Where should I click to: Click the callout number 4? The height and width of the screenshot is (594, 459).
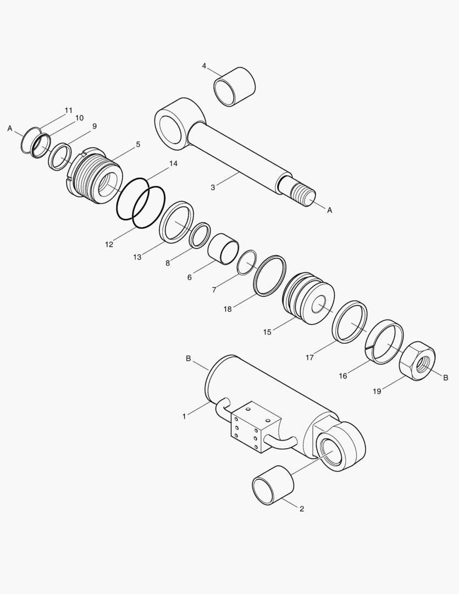click(x=204, y=66)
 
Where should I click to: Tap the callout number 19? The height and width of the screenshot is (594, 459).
click(x=377, y=392)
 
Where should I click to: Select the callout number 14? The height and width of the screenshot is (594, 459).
click(x=173, y=164)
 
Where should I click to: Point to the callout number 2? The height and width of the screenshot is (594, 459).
click(x=302, y=509)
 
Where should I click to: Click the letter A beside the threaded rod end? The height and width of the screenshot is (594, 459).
click(x=330, y=210)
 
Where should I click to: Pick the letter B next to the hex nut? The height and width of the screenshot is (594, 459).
click(x=446, y=377)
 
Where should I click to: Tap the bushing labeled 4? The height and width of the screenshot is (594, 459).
click(x=235, y=86)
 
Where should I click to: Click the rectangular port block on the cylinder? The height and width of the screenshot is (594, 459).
click(x=252, y=426)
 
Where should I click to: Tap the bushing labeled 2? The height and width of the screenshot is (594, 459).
click(x=273, y=485)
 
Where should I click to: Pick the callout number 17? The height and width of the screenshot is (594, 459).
click(x=309, y=358)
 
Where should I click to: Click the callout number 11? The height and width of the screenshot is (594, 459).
click(x=68, y=111)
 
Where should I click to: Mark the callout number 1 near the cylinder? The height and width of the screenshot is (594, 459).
click(x=184, y=416)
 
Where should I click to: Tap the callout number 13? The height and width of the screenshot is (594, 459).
click(x=137, y=257)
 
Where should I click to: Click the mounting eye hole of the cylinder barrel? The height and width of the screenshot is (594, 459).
click(x=334, y=448)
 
